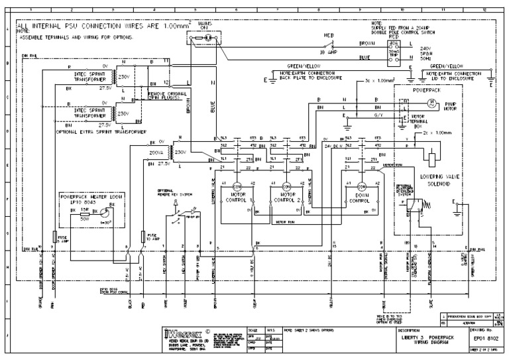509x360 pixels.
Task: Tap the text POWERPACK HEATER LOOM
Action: [91, 197]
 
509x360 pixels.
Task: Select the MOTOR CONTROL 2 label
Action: [287, 197]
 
